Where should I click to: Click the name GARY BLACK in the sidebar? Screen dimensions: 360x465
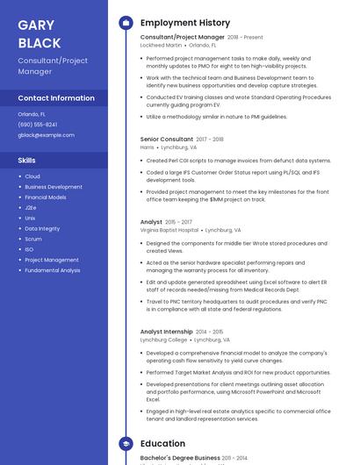point(40,34)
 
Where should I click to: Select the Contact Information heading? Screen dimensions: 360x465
point(56,98)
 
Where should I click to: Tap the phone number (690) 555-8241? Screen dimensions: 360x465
point(38,125)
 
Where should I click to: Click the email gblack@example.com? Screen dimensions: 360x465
point(46,135)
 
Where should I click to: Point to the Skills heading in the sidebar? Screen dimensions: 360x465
point(27,161)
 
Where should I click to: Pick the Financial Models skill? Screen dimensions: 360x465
point(46,197)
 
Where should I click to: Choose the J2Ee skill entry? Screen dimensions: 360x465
point(31,208)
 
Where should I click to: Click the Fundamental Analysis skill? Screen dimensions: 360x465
point(53,270)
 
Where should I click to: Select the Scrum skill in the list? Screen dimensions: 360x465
point(33,239)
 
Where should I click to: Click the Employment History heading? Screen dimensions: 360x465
point(185,23)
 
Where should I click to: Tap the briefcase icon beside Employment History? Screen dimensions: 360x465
point(126,23)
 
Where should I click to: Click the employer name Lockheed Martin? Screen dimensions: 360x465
point(162,45)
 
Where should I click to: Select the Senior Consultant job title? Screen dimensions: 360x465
point(167,139)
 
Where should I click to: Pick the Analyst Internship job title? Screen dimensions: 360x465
point(167,332)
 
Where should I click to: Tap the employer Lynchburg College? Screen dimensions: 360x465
point(163,340)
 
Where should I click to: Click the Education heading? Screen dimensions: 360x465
point(162,444)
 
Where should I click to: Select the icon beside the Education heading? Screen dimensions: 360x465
point(126,444)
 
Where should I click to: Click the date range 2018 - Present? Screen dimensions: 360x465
point(245,38)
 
